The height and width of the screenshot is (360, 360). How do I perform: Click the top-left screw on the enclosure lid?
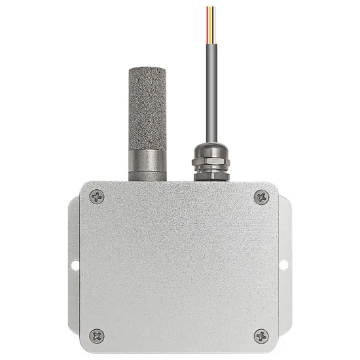(97, 196)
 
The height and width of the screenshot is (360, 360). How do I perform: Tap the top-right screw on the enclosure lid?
(261, 196)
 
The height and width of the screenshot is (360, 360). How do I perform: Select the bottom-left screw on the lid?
(97, 335)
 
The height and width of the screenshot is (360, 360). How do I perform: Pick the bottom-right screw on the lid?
(261, 335)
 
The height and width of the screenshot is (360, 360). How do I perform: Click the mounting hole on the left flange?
(74, 266)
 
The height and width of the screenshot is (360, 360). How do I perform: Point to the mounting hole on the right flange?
(284, 266)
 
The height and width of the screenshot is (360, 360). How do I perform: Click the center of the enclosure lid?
(179, 265)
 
